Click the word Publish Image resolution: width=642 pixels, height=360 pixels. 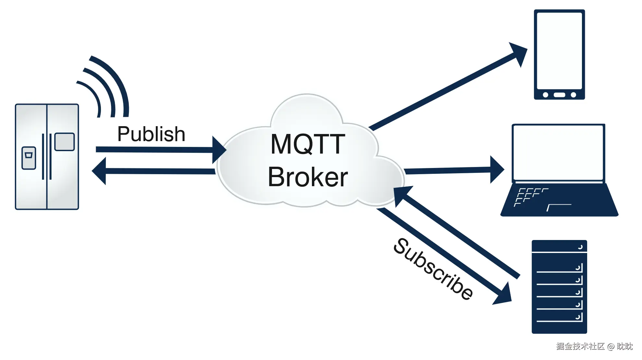[151, 134]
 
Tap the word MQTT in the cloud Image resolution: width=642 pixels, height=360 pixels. [308, 144]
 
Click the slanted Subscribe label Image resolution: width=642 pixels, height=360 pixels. [433, 269]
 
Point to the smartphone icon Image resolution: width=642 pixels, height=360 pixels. [559, 54]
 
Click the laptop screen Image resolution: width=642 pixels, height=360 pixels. [558, 152]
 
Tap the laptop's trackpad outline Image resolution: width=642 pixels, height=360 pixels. [559, 207]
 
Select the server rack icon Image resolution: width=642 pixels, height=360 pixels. [559, 287]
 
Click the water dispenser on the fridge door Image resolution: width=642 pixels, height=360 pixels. [29, 158]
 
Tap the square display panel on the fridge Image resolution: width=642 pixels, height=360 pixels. [65, 142]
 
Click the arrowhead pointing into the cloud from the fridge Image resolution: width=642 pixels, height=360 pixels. [219, 150]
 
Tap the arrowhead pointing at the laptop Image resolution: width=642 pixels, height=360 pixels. [497, 170]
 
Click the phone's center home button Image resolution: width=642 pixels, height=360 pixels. [559, 95]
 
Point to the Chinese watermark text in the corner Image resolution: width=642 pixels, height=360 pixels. [594, 346]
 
